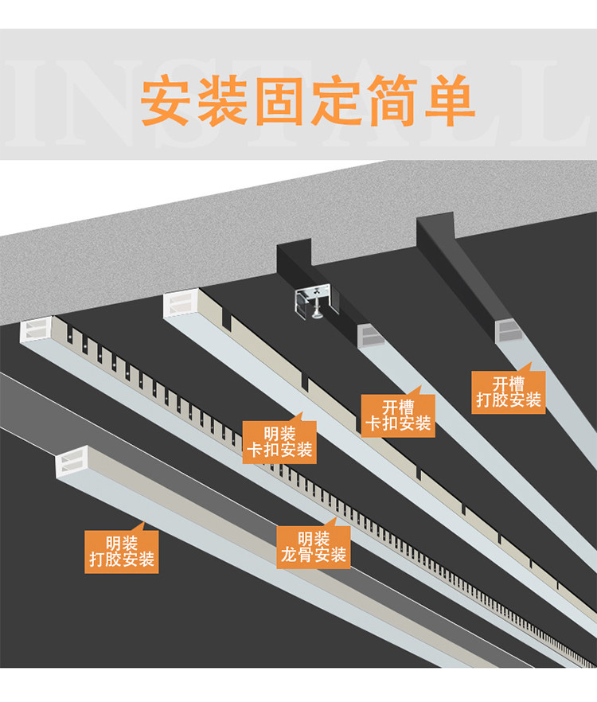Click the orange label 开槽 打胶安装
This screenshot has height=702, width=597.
[x=509, y=392]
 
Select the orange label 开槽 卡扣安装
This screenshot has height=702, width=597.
[x=397, y=416]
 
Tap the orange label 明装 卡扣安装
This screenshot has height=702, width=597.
[x=279, y=443]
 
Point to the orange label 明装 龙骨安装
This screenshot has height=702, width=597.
[x=313, y=547]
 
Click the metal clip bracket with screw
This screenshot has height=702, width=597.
[x=317, y=301]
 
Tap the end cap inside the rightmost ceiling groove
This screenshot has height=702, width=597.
[x=507, y=330]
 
